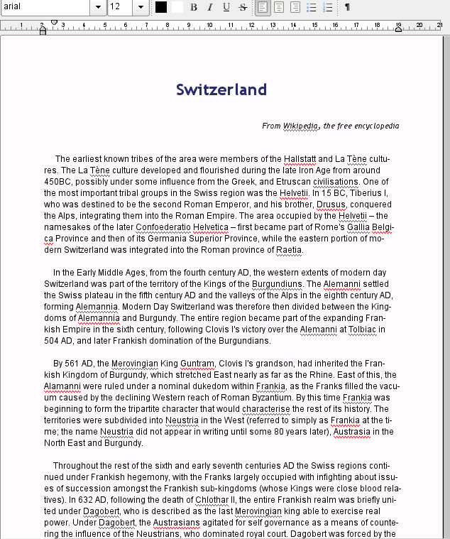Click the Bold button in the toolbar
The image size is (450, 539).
click(x=194, y=7)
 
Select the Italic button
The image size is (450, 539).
click(x=210, y=7)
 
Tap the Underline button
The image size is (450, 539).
click(x=226, y=7)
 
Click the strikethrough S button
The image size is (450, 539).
click(x=243, y=7)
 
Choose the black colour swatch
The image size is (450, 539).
click(x=161, y=7)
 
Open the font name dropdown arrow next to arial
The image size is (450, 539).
click(x=98, y=7)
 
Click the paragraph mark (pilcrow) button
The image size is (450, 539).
click(x=347, y=7)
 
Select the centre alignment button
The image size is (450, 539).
click(x=279, y=7)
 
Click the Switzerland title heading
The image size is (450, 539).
click(x=221, y=89)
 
